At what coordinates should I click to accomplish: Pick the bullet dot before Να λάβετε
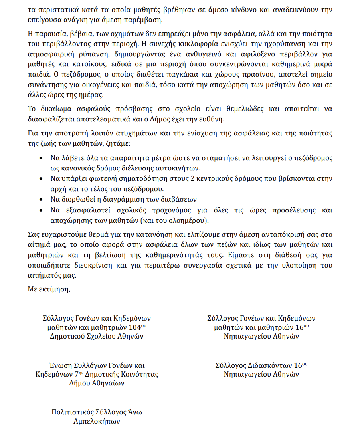42,159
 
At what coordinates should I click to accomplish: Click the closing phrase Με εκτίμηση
49,289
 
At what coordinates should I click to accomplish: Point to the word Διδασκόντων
270,365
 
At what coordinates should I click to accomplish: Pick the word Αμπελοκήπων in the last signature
97,422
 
